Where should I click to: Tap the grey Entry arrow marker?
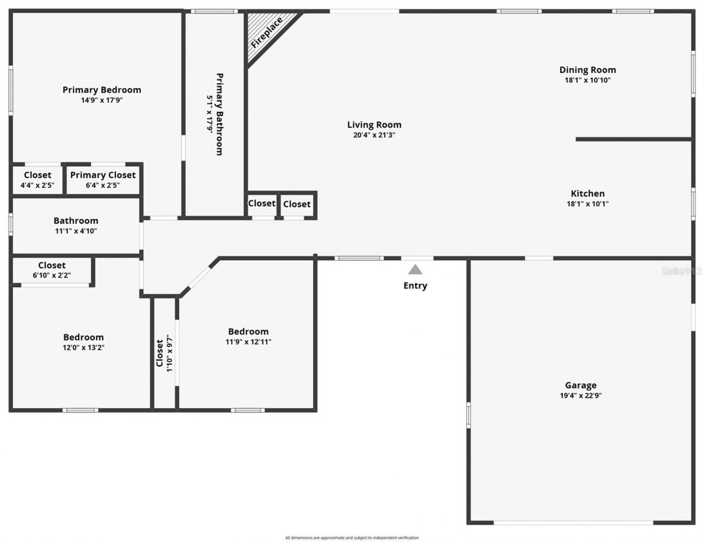pos(415,270)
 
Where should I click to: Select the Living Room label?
pos(374,125)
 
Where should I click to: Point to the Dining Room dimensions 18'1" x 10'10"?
pos(587,80)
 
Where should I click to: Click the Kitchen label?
pos(587,193)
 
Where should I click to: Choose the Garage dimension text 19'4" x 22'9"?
pos(580,395)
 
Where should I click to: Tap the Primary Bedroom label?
pos(102,90)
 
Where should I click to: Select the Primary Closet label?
pos(103,175)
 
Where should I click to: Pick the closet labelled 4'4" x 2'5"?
pos(37,180)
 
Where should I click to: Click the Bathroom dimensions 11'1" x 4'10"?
pos(76,231)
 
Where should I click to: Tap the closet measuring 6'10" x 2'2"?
pos(52,270)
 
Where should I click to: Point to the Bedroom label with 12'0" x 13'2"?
pos(83,337)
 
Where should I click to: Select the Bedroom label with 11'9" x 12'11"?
pos(248,331)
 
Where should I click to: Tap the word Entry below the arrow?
pos(415,286)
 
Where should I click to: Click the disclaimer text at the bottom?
pos(352,538)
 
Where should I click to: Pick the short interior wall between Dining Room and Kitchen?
pos(632,139)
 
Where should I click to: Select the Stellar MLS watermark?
pos(682,271)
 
